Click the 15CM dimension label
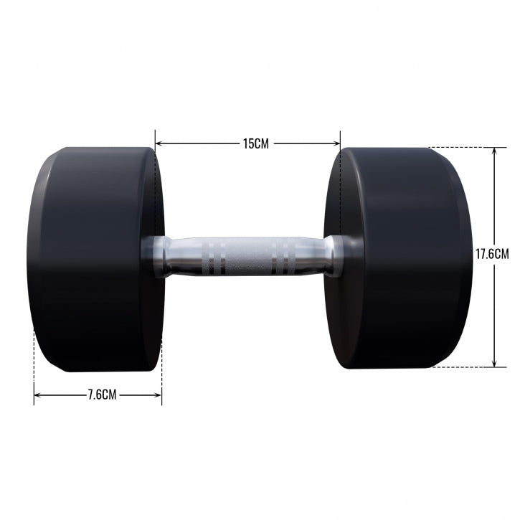(255, 143)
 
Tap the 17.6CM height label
(492, 254)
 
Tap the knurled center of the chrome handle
(248, 257)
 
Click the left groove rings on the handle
(215, 257)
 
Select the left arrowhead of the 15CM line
(159, 143)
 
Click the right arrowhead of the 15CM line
(337, 143)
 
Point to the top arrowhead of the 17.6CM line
(494, 151)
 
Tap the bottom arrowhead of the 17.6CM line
(494, 364)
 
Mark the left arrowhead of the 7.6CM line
(37, 394)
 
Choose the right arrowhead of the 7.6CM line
(159, 394)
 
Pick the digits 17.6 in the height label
(486, 254)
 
